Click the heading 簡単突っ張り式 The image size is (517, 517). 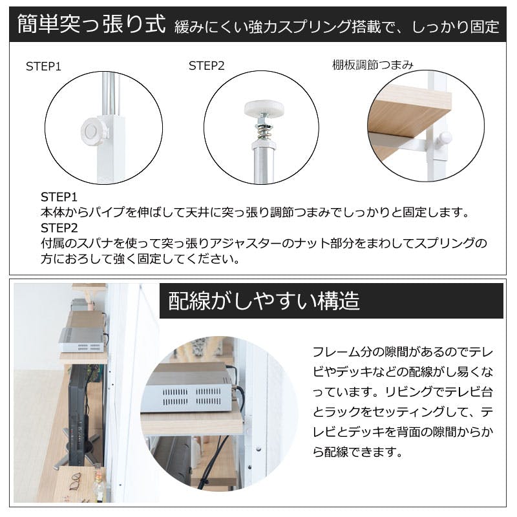click(91, 25)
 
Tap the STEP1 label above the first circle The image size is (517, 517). click(43, 67)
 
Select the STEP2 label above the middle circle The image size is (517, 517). click(206, 66)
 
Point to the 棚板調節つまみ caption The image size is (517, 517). click(373, 65)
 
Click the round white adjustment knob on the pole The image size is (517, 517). click(93, 131)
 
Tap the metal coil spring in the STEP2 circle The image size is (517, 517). click(263, 131)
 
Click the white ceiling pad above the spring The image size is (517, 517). click(264, 107)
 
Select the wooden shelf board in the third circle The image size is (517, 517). click(409, 112)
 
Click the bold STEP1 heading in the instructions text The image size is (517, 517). click(59, 197)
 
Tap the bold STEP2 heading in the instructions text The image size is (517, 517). click(59, 228)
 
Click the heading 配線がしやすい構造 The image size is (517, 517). click(264, 301)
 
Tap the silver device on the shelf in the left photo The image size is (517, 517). click(83, 339)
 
